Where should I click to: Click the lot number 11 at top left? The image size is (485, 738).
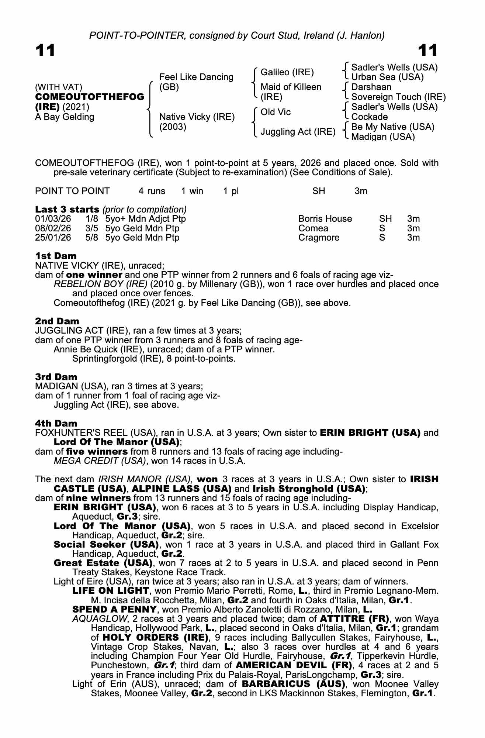(x=45, y=51)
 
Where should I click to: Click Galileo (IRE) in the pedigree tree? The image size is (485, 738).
(x=287, y=72)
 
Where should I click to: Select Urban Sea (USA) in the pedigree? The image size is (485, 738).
(x=387, y=77)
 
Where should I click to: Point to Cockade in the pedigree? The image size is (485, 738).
(x=369, y=117)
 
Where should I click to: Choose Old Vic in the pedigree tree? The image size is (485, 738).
(x=276, y=112)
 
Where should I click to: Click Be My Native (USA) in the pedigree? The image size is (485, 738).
(x=392, y=127)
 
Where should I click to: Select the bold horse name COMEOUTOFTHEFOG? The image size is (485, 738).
(x=90, y=97)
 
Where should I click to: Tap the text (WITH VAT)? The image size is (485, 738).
(x=58, y=87)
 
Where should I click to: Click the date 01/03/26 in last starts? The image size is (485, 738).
(x=53, y=219)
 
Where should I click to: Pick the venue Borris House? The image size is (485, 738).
(x=325, y=219)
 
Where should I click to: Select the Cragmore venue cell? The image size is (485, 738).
(x=319, y=237)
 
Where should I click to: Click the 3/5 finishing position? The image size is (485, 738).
(x=92, y=228)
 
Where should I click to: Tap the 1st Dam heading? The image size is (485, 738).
(x=56, y=256)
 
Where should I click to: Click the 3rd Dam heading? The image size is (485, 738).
(x=56, y=377)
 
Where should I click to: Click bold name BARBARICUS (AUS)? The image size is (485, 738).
(x=294, y=684)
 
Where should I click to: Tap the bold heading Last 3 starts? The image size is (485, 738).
(x=67, y=209)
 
